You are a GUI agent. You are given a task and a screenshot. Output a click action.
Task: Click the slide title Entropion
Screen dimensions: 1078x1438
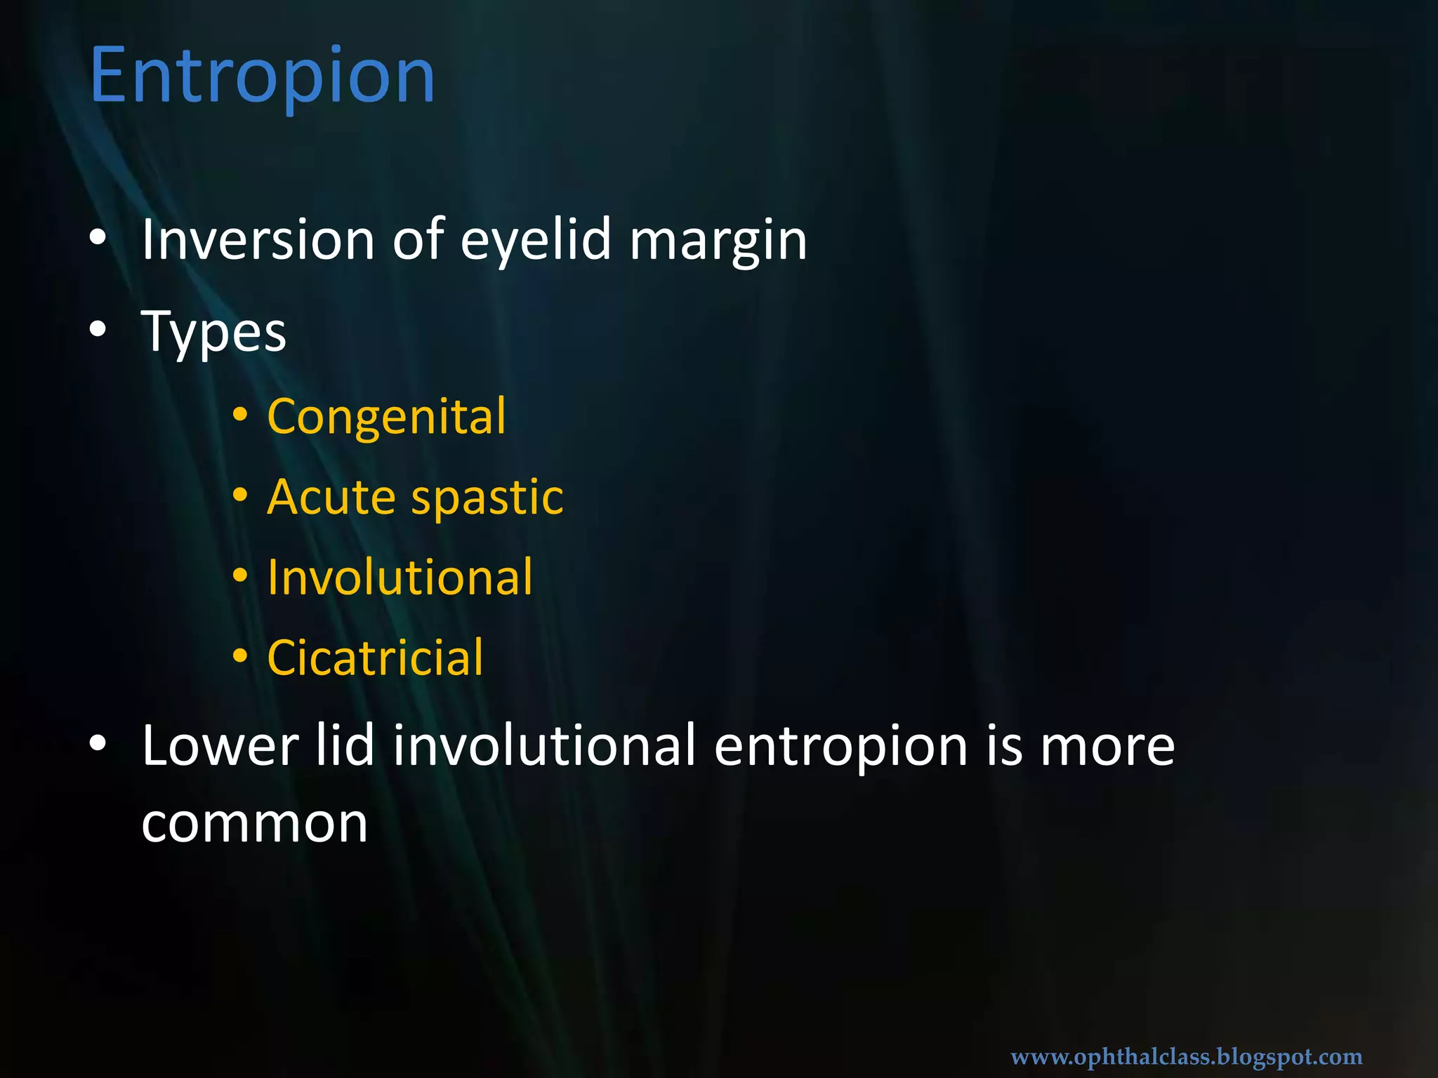pyautogui.click(x=263, y=76)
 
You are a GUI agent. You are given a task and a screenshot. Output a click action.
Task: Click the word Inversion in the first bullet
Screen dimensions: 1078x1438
pyautogui.click(x=258, y=240)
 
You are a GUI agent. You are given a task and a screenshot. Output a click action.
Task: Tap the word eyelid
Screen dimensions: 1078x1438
pyautogui.click(x=536, y=240)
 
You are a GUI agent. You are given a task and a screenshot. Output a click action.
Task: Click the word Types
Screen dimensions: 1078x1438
pyautogui.click(x=213, y=331)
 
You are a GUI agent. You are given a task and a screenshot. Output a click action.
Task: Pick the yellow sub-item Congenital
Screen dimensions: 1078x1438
pyautogui.click(x=386, y=417)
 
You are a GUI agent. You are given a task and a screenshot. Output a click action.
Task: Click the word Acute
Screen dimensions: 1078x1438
pyautogui.click(x=331, y=497)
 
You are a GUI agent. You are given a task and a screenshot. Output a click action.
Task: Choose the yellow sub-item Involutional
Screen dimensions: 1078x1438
pyautogui.click(x=400, y=577)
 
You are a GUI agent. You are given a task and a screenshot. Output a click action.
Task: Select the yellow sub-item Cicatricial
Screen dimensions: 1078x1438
pyautogui.click(x=375, y=658)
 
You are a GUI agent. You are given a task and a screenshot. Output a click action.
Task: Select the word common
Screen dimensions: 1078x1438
pyautogui.click(x=254, y=824)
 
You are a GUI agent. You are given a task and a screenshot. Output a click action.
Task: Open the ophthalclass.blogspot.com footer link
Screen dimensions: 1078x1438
pyautogui.click(x=1186, y=1056)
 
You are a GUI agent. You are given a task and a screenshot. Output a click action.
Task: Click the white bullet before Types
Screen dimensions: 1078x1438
pyautogui.click(x=98, y=328)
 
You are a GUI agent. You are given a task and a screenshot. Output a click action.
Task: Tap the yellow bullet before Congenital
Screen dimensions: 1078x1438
pyautogui.click(x=240, y=415)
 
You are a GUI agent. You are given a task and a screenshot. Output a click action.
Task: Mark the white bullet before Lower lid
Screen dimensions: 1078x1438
pyautogui.click(x=98, y=743)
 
